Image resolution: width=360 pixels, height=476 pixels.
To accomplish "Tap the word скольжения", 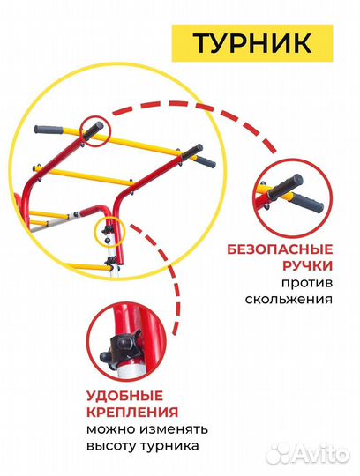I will (290, 300).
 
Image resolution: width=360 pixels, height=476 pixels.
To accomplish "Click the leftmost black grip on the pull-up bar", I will (52, 130).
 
